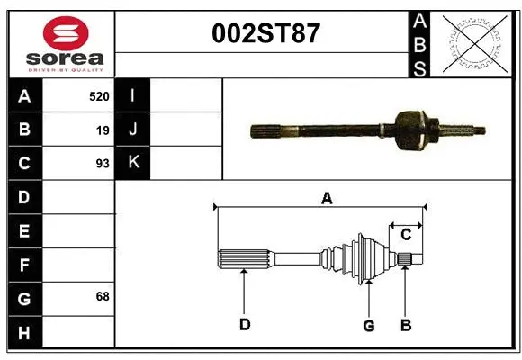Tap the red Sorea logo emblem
tap(66, 35)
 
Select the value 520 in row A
tap(99, 95)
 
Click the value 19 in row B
tap(103, 130)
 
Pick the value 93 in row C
tap(102, 164)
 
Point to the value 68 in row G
tap(102, 296)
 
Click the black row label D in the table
tap(24, 196)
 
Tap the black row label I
tap(132, 95)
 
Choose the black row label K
tap(132, 163)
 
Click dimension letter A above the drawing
tap(327, 198)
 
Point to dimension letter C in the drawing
tap(406, 234)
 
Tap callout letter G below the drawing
tap(368, 325)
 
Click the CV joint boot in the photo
tap(409, 129)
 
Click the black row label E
tap(24, 231)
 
